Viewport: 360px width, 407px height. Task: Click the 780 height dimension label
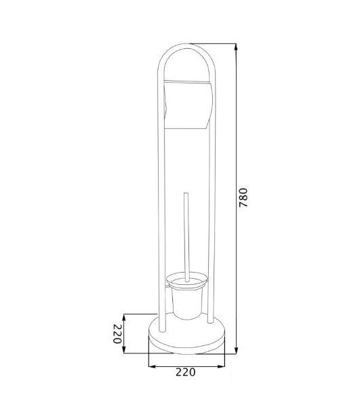243,197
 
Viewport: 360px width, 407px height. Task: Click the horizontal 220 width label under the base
186,372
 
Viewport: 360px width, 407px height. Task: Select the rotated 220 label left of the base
117,334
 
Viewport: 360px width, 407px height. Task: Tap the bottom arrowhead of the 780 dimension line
236,349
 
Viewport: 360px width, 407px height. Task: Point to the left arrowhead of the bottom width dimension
152,366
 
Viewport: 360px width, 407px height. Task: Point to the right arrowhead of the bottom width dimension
221,366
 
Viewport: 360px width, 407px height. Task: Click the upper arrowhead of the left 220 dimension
124,317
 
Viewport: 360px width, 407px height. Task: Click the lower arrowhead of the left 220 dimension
124,349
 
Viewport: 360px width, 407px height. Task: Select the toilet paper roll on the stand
188,104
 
